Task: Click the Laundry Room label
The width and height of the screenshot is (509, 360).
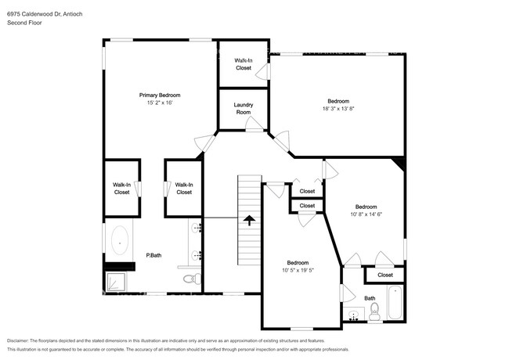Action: [244, 109]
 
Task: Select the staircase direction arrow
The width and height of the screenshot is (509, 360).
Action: [249, 220]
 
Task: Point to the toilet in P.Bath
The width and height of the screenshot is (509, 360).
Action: [189, 279]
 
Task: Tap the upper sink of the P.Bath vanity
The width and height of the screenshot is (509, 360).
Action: [197, 229]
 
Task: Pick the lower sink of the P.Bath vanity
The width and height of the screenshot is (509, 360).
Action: [197, 254]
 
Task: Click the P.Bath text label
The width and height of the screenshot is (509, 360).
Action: [153, 255]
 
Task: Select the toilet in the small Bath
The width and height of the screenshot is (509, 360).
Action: [375, 312]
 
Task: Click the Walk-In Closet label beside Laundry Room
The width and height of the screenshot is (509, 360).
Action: [244, 63]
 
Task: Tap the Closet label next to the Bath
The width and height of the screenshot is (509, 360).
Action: [385, 275]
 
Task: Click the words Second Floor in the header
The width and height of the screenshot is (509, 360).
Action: [23, 23]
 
